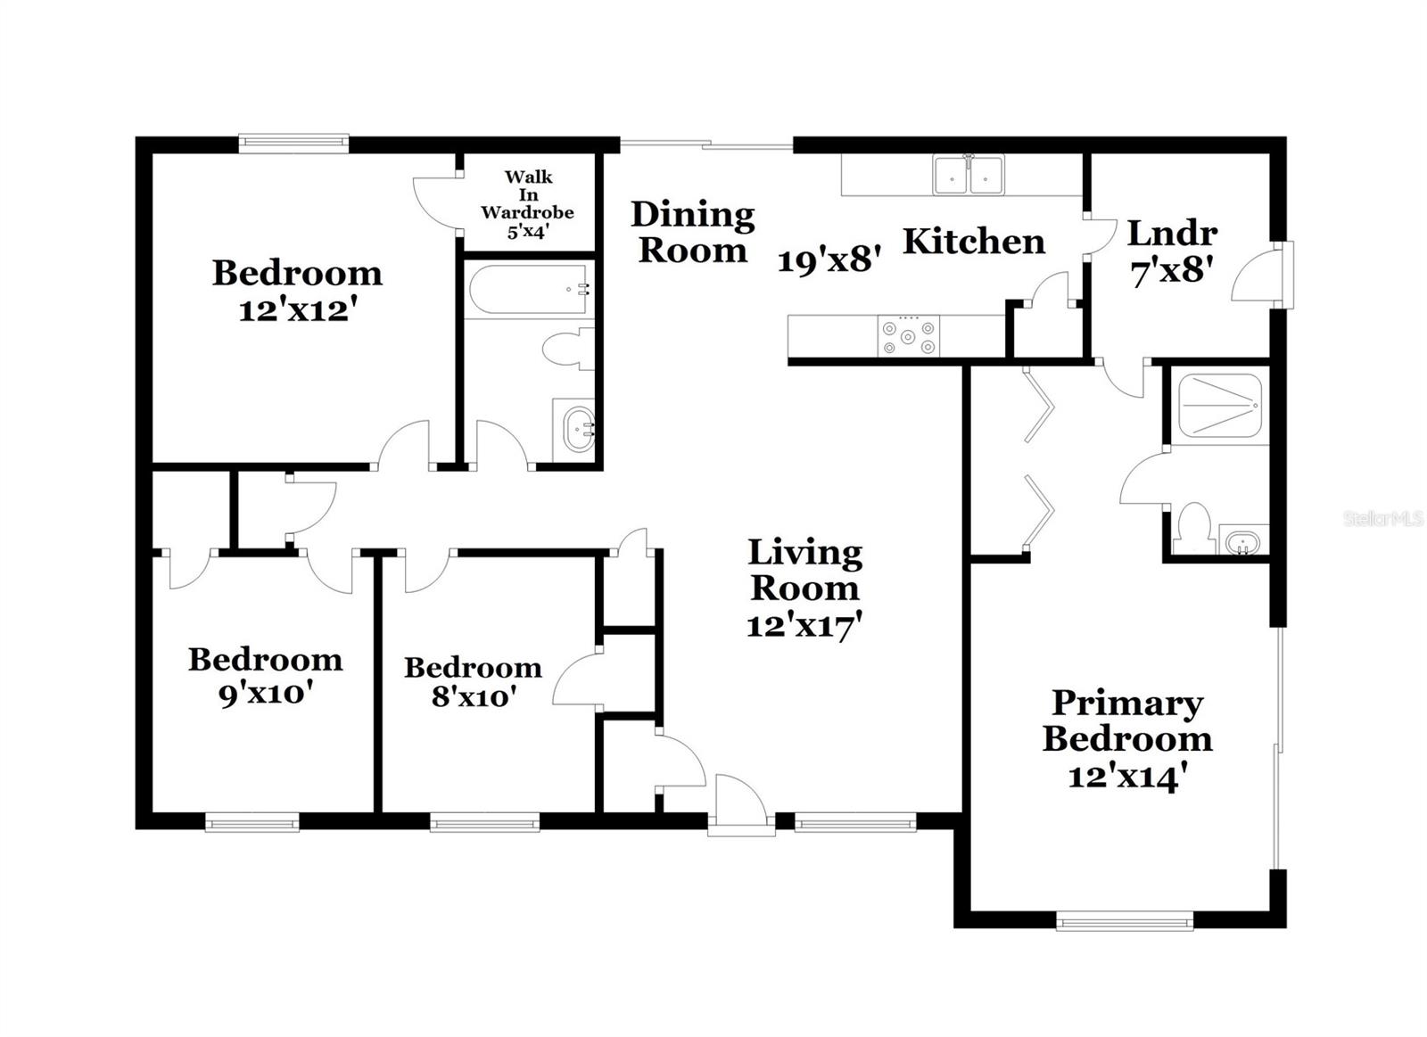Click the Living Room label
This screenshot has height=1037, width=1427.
[804, 571]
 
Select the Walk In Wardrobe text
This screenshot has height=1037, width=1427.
[527, 203]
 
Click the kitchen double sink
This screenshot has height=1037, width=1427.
[968, 175]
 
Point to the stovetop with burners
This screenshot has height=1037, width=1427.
[908, 336]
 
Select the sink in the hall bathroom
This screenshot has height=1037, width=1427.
[578, 430]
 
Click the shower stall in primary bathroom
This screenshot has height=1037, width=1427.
[1219, 407]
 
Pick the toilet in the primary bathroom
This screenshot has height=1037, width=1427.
[1192, 528]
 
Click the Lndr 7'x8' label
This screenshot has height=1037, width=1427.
[1171, 251]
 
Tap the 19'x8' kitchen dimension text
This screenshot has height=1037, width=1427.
[829, 261]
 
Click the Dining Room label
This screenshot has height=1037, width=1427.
[693, 232]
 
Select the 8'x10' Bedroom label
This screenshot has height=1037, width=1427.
[473, 681]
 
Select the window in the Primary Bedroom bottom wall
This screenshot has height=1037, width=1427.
[1124, 920]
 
